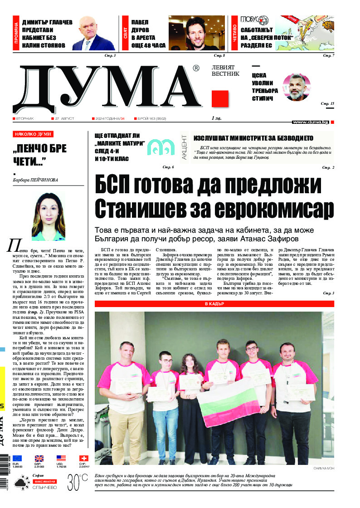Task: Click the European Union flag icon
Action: pyautogui.click(x=17, y=459)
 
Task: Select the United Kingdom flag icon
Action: pyautogui.click(x=39, y=459)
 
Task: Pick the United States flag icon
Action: pyautogui.click(x=61, y=459)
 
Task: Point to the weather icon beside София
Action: pyautogui.click(x=19, y=483)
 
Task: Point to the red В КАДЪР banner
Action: pyautogui.click(x=214, y=291)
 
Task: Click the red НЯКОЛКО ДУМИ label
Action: pyautogui.click(x=34, y=134)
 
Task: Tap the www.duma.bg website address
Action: pyautogui.click(x=310, y=122)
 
